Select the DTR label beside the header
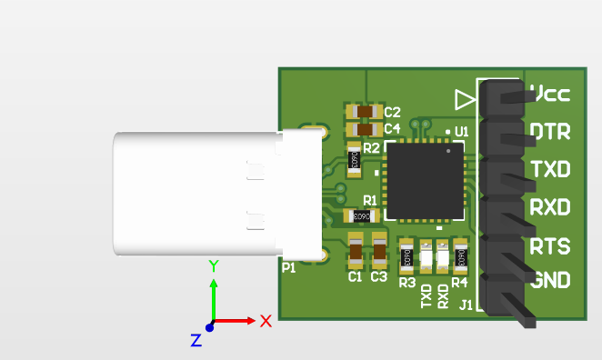[x=550, y=132]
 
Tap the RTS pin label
[x=550, y=246]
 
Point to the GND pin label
[x=550, y=280]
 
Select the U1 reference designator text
[x=460, y=132]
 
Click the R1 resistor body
[x=361, y=216]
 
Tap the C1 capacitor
[x=356, y=251]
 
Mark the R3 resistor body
[x=407, y=257]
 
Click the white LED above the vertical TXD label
[x=426, y=257]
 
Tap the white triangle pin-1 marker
[x=465, y=97]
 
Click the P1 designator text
[x=288, y=268]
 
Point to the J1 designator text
[x=466, y=305]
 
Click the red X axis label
[x=266, y=321]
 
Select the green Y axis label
[x=213, y=266]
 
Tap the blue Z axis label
[x=196, y=340]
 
